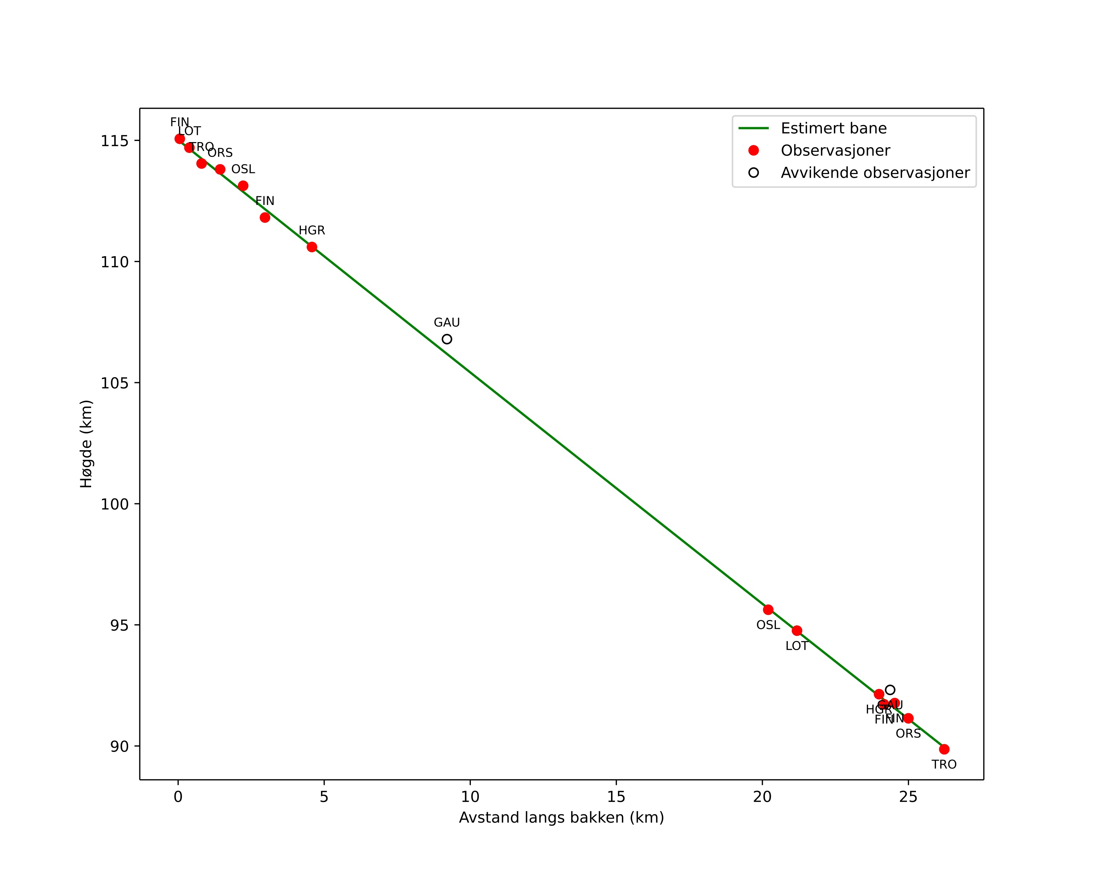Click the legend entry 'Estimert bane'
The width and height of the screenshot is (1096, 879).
[833, 128]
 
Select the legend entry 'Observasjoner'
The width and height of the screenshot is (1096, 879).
[835, 150]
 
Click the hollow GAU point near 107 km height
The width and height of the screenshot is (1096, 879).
[447, 339]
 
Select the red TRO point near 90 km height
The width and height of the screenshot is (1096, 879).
[944, 749]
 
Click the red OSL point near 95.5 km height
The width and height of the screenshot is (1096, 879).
[768, 610]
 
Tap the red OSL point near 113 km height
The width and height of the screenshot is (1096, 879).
[243, 186]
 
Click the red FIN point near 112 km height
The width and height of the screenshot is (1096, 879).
[265, 218]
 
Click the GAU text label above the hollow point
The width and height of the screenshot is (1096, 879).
[447, 323]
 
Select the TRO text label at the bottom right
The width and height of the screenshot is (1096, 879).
[944, 765]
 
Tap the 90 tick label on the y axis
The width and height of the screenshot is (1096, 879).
[119, 746]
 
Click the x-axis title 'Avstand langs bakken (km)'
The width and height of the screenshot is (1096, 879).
[561, 818]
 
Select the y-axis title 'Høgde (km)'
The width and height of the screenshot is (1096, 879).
[86, 444]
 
